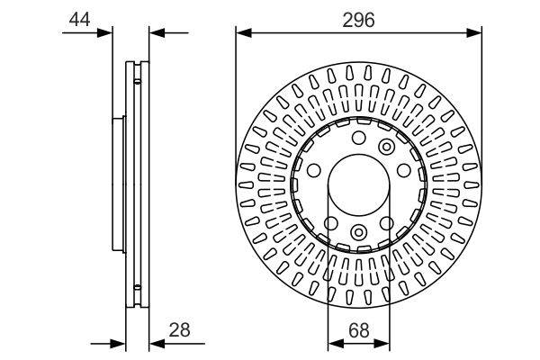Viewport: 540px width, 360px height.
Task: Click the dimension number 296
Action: pyautogui.click(x=357, y=18)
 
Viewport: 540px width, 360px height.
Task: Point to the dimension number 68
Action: pyautogui.click(x=358, y=329)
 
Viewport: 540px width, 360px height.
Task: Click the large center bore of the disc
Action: pyautogui.click(x=358, y=185)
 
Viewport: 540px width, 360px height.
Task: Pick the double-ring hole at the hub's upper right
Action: pyautogui.click(x=387, y=147)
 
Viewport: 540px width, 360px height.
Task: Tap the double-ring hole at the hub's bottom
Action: pyautogui.click(x=358, y=234)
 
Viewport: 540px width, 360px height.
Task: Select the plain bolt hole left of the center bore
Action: pyautogui.click(x=314, y=170)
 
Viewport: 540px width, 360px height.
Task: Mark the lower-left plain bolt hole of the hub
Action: pyautogui.click(x=330, y=222)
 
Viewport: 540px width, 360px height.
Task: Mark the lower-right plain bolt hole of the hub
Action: pyautogui.click(x=386, y=222)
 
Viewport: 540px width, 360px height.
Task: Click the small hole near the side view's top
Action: pyautogui.click(x=137, y=82)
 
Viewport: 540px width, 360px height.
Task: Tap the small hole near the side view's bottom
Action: pyautogui.click(x=137, y=289)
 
